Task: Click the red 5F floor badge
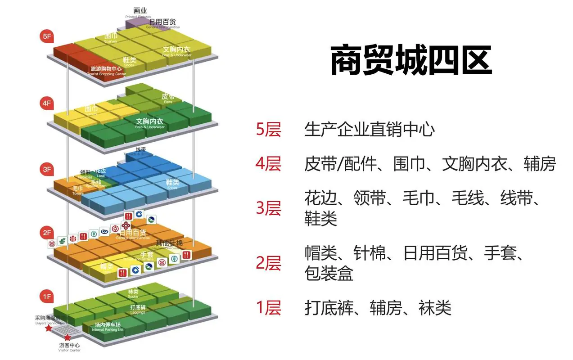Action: click(x=47, y=36)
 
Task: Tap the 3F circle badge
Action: click(x=47, y=170)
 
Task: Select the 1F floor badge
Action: click(x=47, y=296)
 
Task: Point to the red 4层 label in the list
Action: click(x=268, y=164)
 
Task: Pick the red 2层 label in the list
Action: click(x=268, y=263)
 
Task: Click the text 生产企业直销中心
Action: click(x=370, y=130)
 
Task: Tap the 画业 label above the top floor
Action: click(x=140, y=10)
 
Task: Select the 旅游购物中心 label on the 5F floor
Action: click(x=106, y=69)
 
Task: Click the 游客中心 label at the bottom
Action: click(x=70, y=345)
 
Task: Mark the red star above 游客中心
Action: click(x=67, y=337)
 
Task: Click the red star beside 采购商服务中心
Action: click(x=49, y=329)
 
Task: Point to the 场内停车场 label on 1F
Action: click(x=108, y=325)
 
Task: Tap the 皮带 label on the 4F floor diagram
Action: click(x=167, y=96)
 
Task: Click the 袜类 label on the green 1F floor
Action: click(x=133, y=292)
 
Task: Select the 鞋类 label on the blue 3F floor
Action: click(x=172, y=182)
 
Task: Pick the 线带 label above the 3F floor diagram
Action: click(x=141, y=149)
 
